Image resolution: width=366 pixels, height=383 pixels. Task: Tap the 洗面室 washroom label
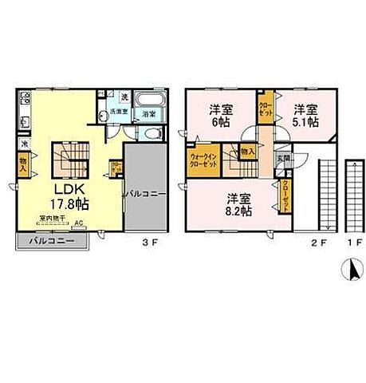pos(119,113)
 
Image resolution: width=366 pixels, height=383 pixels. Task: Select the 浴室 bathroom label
pos(149,115)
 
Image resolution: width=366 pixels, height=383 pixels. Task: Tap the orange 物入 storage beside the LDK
pos(23,164)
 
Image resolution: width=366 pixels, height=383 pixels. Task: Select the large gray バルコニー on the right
pos(145,192)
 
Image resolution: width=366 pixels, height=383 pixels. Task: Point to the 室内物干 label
pos(53,216)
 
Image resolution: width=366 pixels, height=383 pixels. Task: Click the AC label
pos(77,224)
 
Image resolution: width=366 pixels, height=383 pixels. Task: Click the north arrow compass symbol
pos(348,271)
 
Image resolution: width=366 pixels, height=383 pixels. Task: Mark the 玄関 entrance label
pos(281,158)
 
